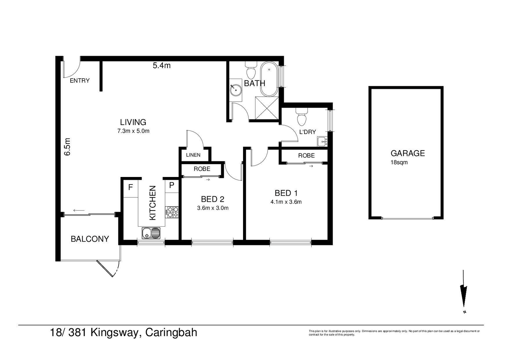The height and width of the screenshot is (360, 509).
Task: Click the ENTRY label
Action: pos(80,81)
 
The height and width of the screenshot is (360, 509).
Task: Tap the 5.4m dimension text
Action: pos(162,66)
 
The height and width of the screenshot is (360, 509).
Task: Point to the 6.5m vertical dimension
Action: pos(67,147)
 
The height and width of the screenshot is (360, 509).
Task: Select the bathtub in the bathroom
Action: pos(269,79)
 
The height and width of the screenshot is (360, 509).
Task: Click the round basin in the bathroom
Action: pos(236,90)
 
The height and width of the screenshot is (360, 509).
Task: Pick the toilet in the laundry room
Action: pos(302,117)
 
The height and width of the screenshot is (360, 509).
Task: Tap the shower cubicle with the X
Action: pos(267,108)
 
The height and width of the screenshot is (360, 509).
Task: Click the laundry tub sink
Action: pos(323,142)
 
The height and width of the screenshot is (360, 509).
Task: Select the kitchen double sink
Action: pos(151,233)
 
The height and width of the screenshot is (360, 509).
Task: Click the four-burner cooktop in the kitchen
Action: pos(172,212)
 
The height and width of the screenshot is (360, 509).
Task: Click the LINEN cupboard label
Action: pos(193,155)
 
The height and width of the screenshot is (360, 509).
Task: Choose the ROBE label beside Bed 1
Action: pos(306,156)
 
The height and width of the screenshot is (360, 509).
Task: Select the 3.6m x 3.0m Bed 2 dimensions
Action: pos(213,208)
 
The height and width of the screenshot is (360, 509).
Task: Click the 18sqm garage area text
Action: pos(399,162)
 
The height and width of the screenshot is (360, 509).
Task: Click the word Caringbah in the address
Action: pos(171,333)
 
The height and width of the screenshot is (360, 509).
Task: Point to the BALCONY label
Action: pos(90,239)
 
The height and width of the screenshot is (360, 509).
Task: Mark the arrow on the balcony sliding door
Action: pos(79,211)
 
